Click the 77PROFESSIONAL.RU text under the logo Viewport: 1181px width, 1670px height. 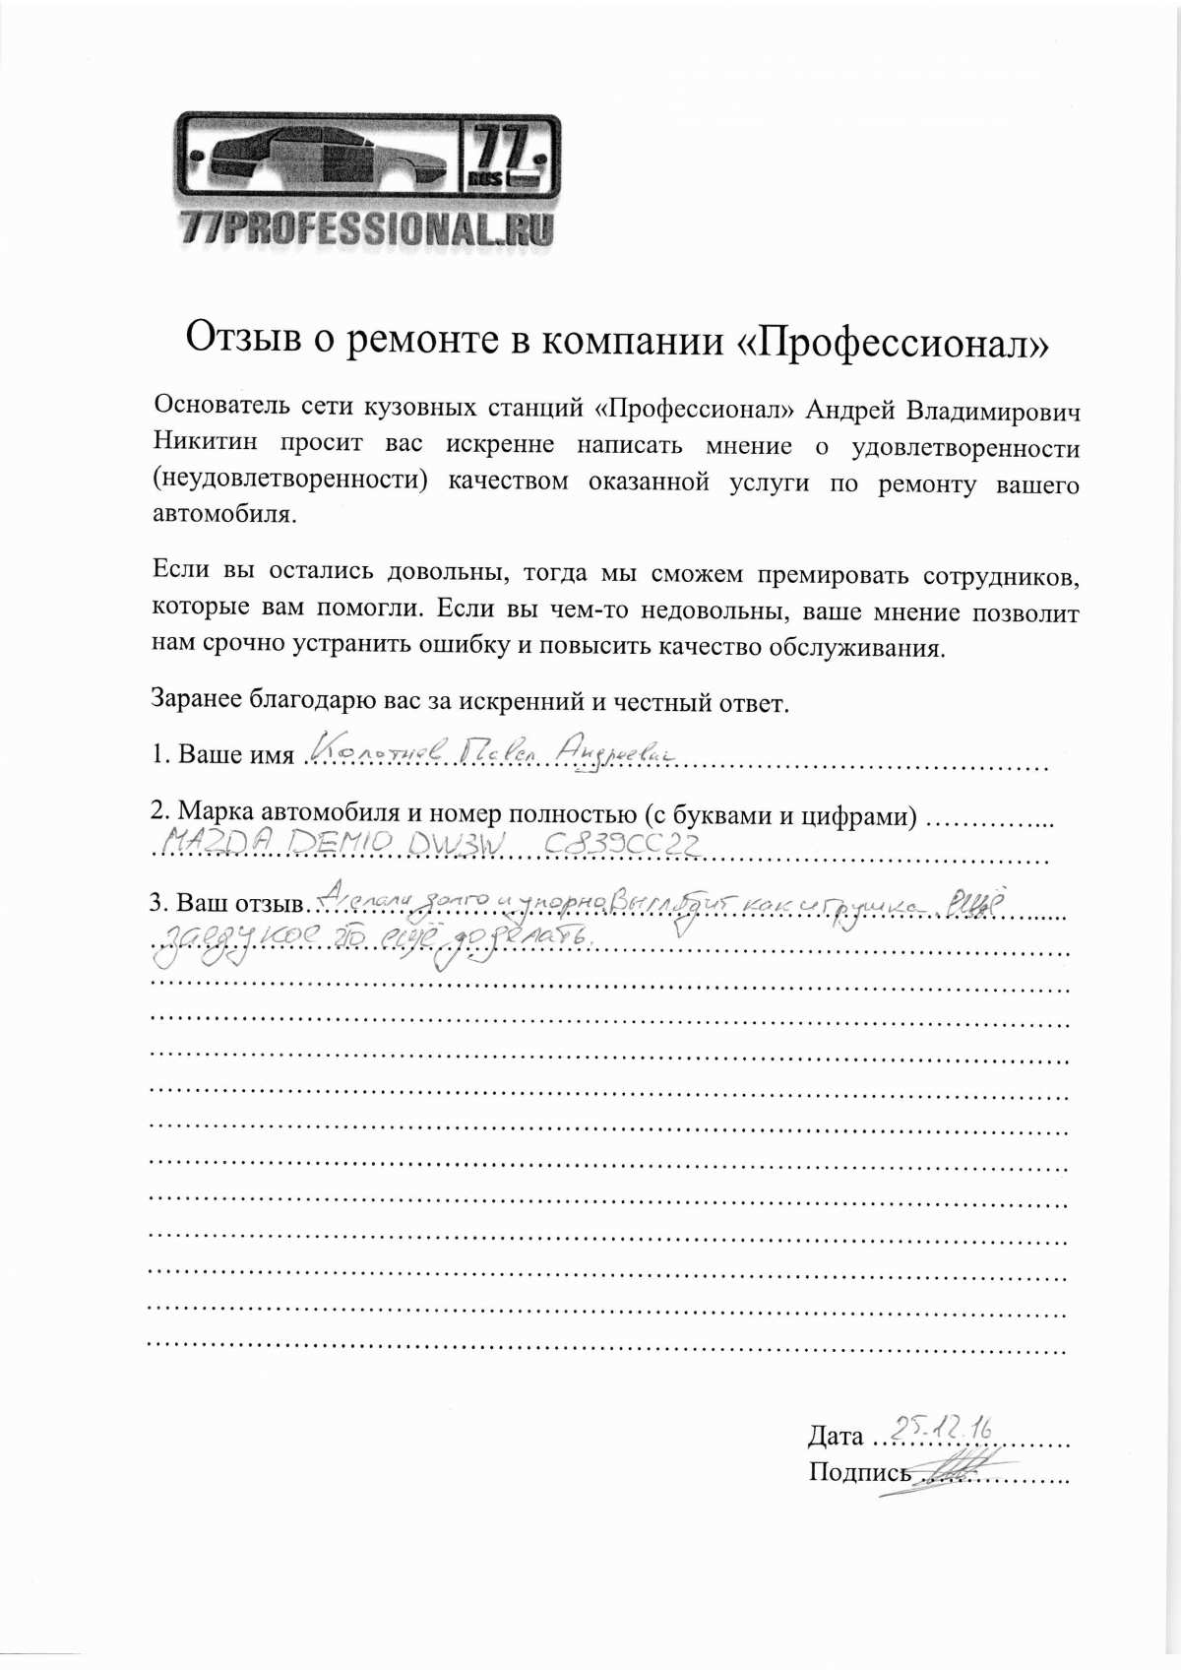tap(367, 228)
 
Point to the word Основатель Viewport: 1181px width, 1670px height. tap(221, 405)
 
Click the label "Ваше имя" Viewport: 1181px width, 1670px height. tap(235, 754)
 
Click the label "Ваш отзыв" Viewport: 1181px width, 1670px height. tap(239, 903)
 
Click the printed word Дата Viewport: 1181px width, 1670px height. tap(836, 1436)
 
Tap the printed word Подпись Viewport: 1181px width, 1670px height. tap(859, 1472)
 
